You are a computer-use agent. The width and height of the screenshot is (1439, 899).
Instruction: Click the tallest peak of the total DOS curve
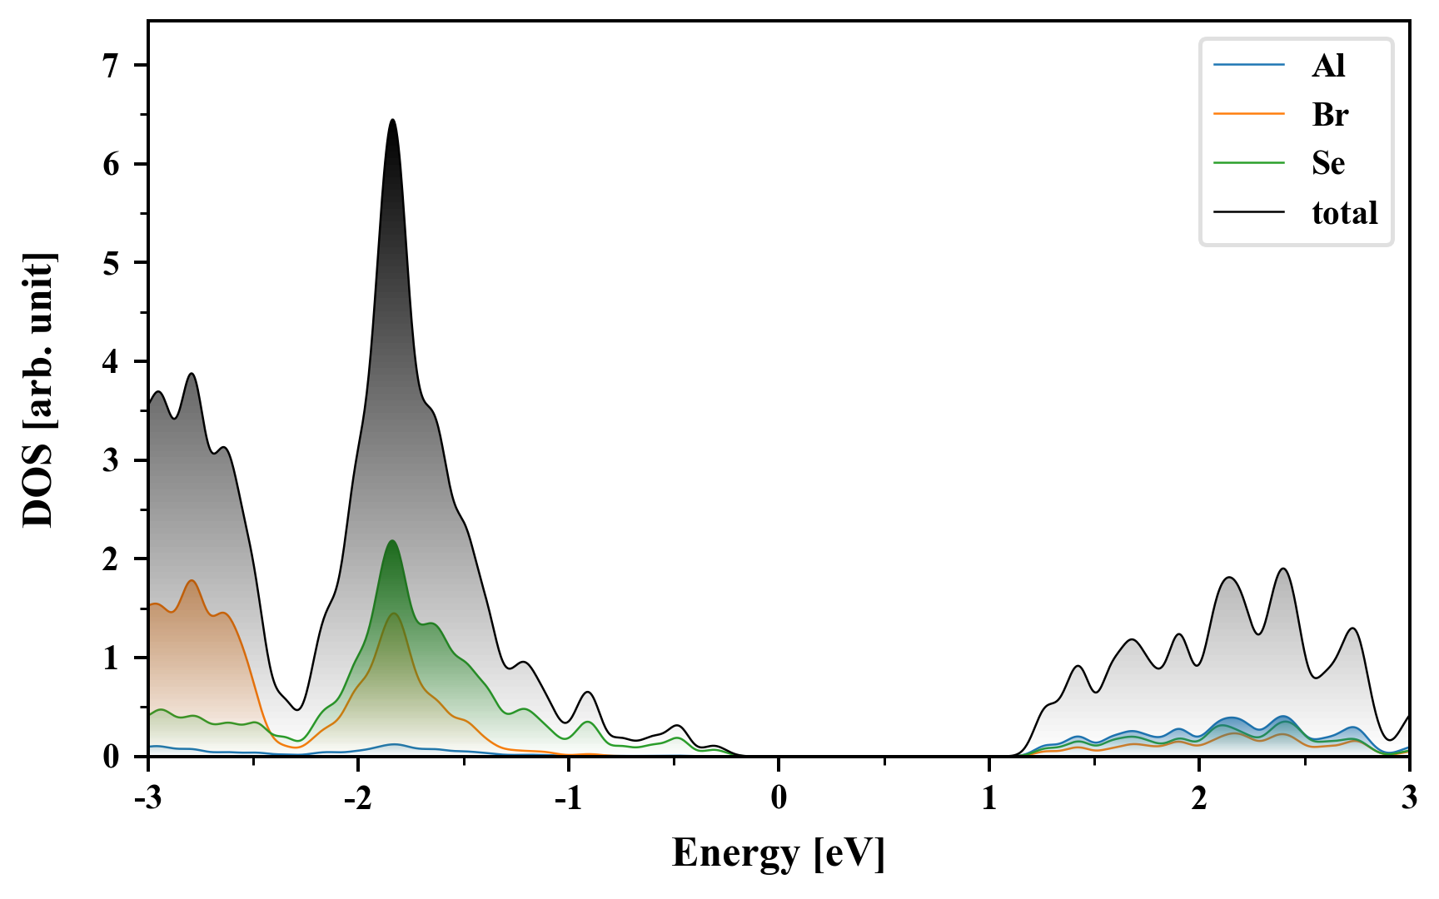pos(392,121)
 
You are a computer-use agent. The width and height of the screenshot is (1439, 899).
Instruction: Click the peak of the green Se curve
pos(391,542)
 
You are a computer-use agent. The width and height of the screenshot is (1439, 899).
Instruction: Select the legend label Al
pos(1328,65)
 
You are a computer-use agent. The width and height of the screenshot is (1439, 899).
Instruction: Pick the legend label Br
pos(1330,114)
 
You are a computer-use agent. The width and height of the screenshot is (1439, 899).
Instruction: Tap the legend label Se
pos(1328,163)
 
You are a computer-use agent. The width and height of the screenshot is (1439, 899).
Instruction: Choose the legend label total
pos(1345,213)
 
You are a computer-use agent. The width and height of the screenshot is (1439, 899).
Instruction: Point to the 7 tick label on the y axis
pos(112,66)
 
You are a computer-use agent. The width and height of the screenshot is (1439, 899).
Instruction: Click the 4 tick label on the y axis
pos(112,361)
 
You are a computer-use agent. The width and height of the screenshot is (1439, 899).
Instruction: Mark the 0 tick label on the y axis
pos(112,757)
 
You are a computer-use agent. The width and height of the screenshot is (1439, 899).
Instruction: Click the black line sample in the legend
pos(1249,213)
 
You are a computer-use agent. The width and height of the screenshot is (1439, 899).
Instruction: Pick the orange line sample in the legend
pos(1249,114)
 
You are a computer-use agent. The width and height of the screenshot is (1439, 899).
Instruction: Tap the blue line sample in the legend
pos(1249,65)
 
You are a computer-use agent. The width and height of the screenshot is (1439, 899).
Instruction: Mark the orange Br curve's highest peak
pos(192,581)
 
